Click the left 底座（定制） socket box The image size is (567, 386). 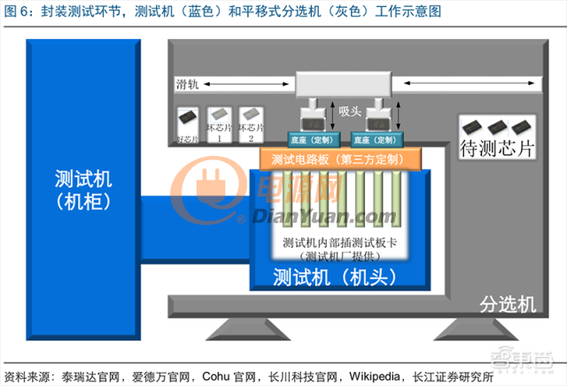pyautogui.click(x=311, y=139)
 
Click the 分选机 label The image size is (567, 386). pyautogui.click(x=508, y=305)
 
